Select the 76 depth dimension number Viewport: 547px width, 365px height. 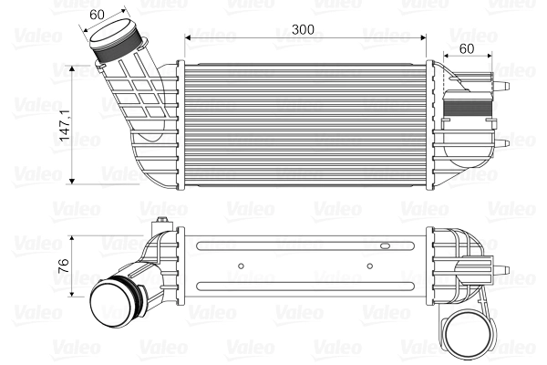tap(63, 266)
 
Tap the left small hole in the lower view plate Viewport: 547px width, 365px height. tap(239, 266)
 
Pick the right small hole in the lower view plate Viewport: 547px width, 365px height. tap(368, 266)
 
